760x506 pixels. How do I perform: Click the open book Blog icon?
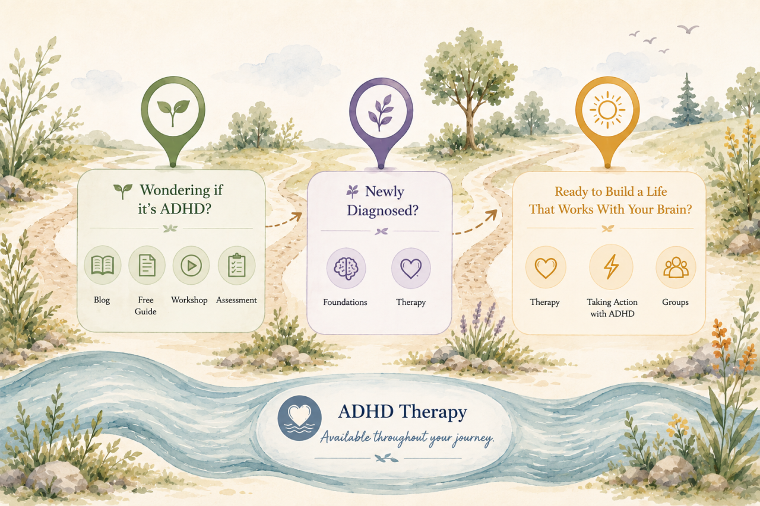click(x=103, y=265)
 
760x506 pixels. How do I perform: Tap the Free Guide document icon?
click(x=147, y=265)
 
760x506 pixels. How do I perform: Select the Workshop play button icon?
click(x=191, y=265)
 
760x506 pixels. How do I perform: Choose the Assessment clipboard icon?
click(x=236, y=265)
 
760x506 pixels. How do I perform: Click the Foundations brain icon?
click(x=346, y=268)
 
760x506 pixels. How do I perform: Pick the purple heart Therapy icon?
click(x=411, y=268)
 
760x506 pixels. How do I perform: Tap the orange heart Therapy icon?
click(x=546, y=268)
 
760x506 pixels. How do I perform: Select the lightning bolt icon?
click(x=611, y=268)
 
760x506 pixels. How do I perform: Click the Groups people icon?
click(x=676, y=268)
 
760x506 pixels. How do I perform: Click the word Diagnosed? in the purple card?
click(x=382, y=211)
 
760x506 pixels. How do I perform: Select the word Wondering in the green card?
click(x=175, y=190)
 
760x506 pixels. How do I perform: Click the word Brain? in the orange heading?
click(x=674, y=210)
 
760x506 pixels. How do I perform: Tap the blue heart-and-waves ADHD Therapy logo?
click(x=299, y=418)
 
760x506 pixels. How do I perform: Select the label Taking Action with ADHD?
click(x=612, y=308)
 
